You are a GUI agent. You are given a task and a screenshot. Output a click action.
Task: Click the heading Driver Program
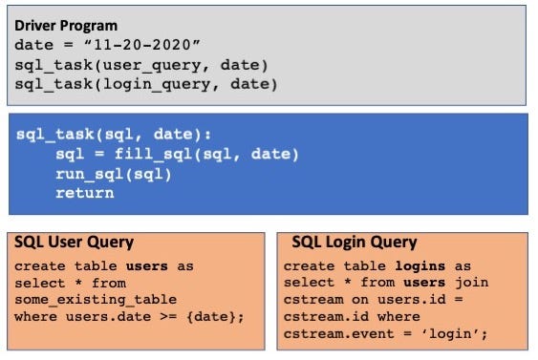(x=66, y=25)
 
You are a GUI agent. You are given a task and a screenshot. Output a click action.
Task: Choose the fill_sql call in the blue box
(x=157, y=155)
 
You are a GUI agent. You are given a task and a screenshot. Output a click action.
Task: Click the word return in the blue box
(x=84, y=193)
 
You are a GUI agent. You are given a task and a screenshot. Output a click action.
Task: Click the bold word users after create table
(x=146, y=265)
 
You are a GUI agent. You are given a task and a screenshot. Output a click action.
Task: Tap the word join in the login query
(x=472, y=283)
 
